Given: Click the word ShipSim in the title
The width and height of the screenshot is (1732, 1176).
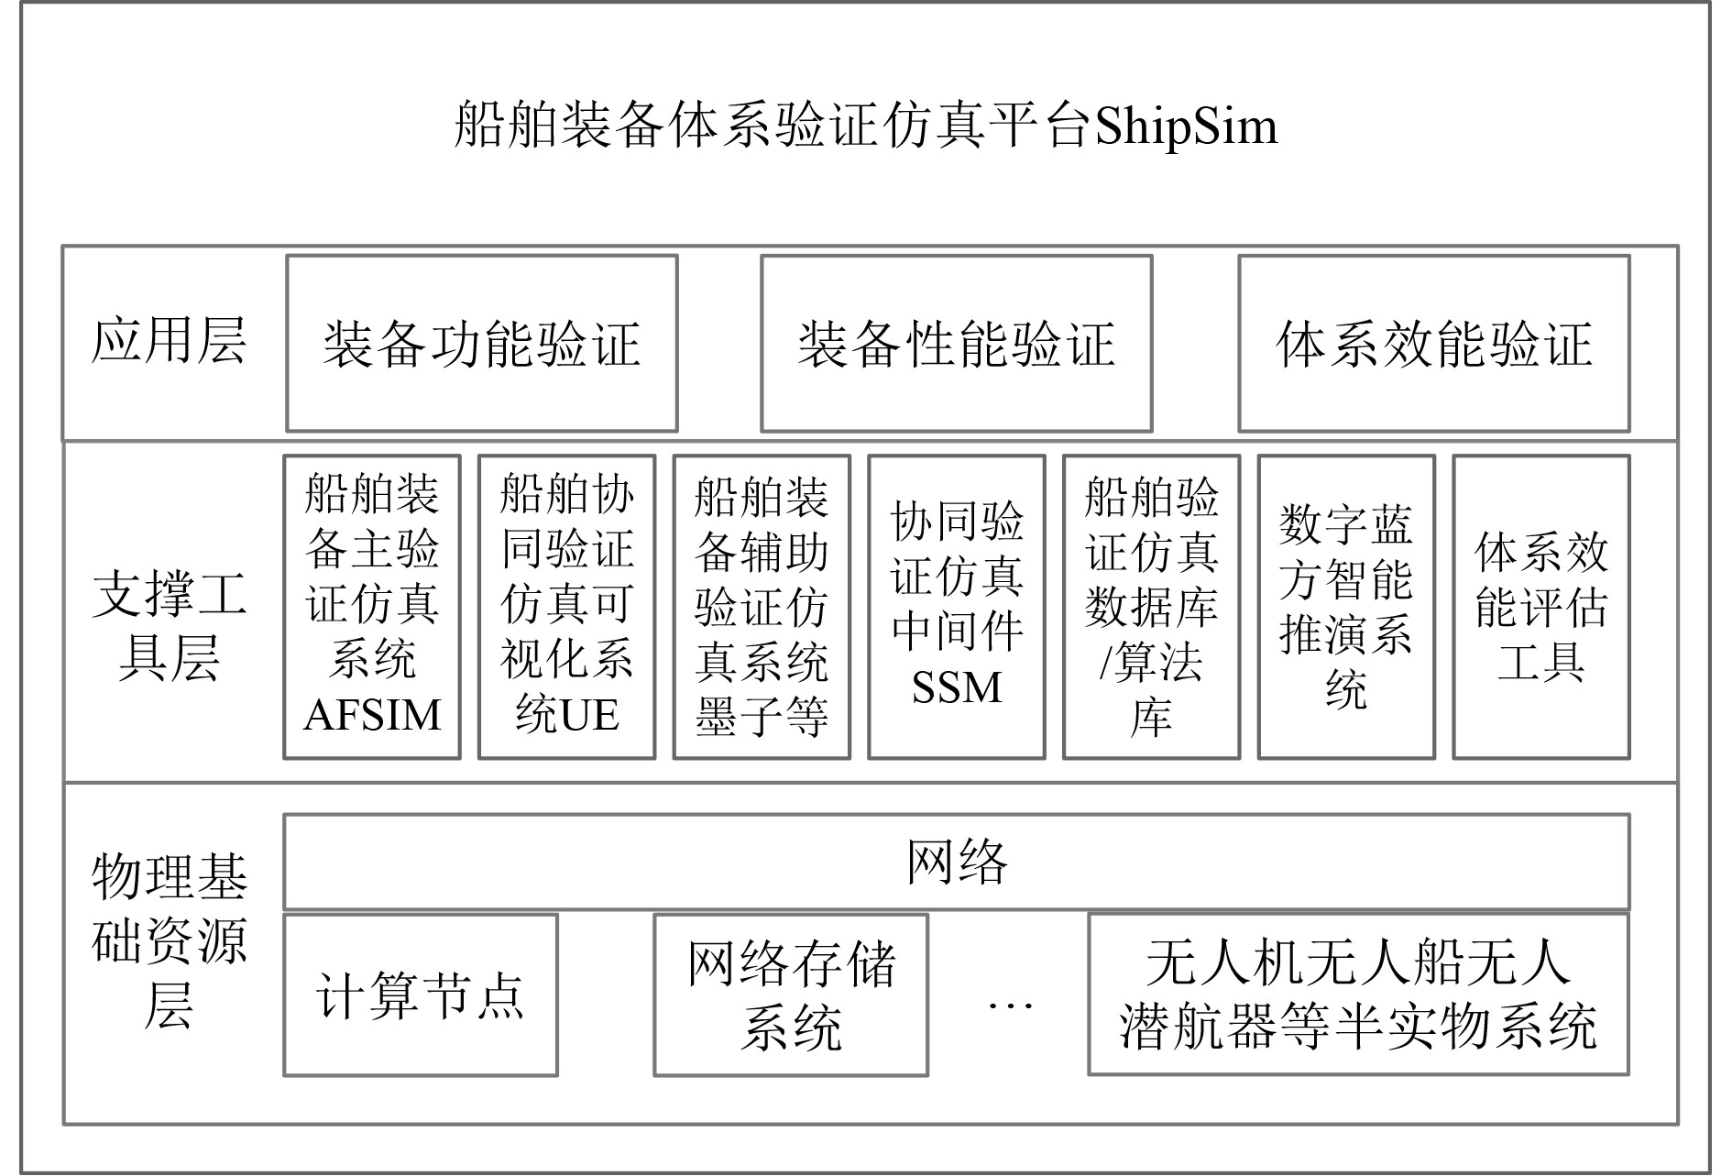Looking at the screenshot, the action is [1186, 126].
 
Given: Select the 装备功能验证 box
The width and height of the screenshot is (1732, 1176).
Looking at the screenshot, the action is [481, 344].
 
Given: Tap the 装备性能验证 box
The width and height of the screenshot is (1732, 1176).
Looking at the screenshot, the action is [956, 344].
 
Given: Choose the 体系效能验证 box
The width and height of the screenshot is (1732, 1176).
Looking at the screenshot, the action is [1433, 344].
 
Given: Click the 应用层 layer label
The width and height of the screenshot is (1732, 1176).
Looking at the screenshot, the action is [169, 341].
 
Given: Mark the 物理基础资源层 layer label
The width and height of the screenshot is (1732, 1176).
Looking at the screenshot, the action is [169, 940].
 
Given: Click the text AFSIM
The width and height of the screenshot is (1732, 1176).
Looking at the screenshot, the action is [372, 715].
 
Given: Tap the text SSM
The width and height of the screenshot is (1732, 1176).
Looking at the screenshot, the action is [956, 687].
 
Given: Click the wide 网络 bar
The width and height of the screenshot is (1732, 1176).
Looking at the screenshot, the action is [956, 862].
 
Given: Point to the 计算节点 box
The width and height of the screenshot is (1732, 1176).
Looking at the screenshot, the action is [420, 995].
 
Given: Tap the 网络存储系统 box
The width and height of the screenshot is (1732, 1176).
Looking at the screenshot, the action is [791, 995].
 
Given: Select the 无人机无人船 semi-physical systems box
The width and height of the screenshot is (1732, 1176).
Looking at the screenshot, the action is [1358, 995].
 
